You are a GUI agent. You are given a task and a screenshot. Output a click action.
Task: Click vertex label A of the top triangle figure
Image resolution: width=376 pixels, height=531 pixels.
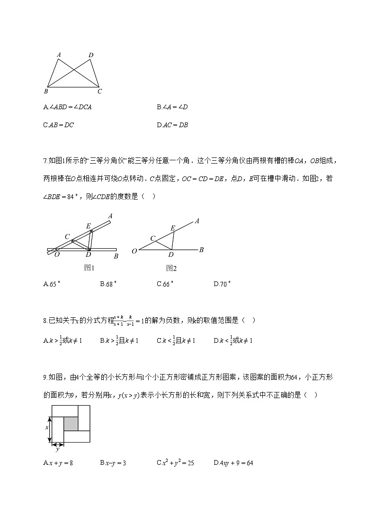[59, 55]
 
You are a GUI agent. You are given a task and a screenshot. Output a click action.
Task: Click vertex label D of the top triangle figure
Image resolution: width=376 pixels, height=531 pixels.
[91, 55]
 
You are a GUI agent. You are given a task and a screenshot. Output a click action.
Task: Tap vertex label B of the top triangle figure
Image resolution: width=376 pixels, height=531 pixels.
[46, 91]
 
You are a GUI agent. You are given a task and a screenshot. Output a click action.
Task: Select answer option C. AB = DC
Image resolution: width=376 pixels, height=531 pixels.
[59, 125]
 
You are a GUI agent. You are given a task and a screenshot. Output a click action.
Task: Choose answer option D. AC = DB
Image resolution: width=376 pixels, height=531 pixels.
[172, 125]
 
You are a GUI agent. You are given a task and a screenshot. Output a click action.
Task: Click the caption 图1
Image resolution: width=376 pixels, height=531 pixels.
[90, 268]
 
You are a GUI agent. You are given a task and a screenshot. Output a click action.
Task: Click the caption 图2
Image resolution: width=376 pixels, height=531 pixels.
[171, 268]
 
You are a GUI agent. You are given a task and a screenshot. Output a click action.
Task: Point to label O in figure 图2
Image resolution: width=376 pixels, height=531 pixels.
[134, 251]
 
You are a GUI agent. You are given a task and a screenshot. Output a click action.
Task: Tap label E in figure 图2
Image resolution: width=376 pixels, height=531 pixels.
[173, 228]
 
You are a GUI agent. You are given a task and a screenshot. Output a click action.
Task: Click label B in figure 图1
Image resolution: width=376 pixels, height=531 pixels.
[116, 256]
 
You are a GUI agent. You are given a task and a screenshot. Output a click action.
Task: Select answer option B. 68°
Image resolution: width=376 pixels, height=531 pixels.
[108, 284]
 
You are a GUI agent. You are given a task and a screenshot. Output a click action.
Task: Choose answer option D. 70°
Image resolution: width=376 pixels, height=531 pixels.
[222, 284]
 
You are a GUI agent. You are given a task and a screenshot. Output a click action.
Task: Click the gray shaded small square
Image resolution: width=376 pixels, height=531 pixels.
[71, 424]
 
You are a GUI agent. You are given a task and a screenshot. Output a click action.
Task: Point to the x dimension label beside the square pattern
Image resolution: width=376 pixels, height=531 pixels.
[47, 427]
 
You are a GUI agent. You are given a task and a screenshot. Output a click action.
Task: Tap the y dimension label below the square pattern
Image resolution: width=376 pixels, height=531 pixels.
[58, 449]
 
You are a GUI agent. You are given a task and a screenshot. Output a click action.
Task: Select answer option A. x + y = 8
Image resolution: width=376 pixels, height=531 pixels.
[58, 463]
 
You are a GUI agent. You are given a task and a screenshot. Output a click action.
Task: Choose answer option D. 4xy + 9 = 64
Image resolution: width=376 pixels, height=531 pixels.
[233, 463]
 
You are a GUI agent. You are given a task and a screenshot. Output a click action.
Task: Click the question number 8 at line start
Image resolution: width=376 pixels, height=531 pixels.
[45, 321]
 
